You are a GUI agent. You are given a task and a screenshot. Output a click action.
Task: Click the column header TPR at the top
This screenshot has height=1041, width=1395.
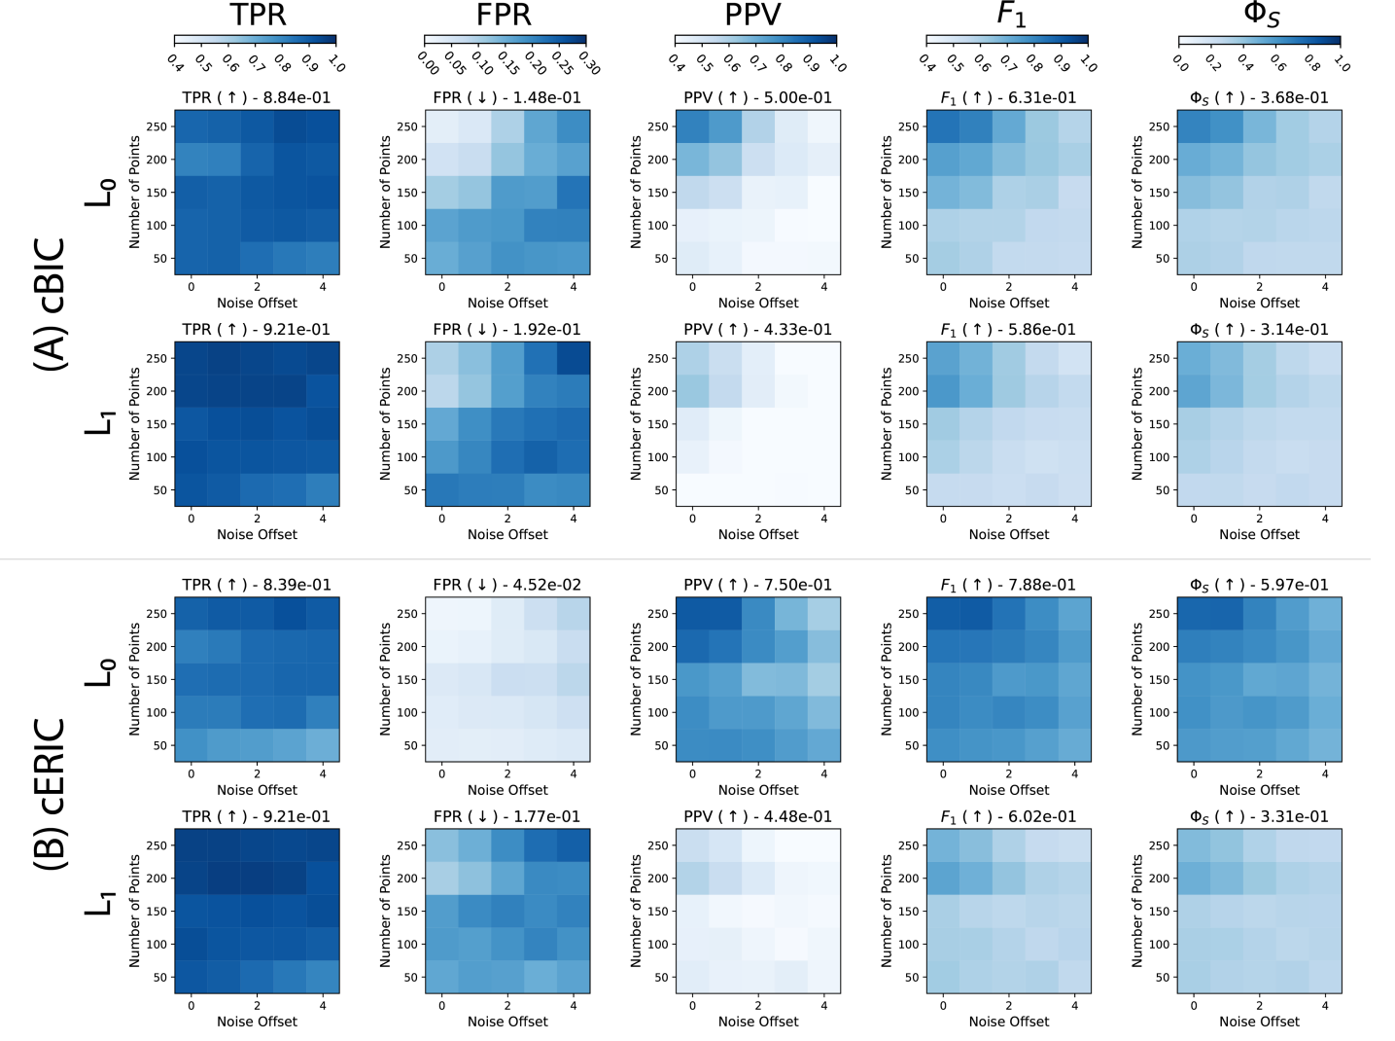coord(257,15)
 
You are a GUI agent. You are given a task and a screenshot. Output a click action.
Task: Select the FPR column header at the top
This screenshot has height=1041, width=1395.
coord(505,15)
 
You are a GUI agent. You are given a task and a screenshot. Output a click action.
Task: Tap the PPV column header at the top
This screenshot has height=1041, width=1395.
coord(753,15)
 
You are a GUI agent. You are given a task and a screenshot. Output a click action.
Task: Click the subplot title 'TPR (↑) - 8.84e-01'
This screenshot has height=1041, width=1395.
coord(257,97)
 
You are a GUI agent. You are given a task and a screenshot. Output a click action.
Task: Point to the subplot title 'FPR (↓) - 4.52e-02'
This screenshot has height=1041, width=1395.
coord(507,585)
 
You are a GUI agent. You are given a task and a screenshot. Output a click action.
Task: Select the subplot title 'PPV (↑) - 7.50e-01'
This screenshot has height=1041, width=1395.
coord(758,585)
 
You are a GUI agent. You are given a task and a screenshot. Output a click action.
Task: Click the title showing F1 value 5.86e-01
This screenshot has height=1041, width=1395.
coord(1008,330)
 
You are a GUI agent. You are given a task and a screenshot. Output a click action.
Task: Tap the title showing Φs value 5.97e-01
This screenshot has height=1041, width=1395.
coord(1259,585)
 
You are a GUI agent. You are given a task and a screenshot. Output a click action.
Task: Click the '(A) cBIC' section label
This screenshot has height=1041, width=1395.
coord(50,304)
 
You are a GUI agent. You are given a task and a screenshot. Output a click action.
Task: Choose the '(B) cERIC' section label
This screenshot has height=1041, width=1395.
coord(50,793)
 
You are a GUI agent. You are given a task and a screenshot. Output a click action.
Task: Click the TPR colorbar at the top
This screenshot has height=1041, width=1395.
coord(256,40)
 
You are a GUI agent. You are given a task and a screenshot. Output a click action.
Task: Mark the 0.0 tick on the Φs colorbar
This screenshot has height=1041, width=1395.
coord(1179,61)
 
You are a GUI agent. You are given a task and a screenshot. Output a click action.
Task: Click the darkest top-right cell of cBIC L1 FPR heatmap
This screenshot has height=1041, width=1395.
coord(573,358)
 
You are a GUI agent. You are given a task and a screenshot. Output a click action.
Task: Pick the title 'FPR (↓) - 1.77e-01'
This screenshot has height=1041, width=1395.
coord(507,816)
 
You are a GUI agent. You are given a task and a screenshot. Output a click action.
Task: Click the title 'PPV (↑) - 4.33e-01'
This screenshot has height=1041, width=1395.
coord(758,330)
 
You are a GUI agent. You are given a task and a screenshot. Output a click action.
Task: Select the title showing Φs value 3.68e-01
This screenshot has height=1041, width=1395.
coord(1259,97)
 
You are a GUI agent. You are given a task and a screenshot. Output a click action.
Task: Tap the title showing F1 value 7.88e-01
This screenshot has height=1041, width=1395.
coord(1008,585)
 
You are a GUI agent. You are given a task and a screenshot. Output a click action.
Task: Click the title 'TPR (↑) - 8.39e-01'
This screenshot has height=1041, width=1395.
coord(257,585)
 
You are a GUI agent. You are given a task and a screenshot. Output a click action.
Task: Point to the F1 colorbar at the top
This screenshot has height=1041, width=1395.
coord(1007,40)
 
